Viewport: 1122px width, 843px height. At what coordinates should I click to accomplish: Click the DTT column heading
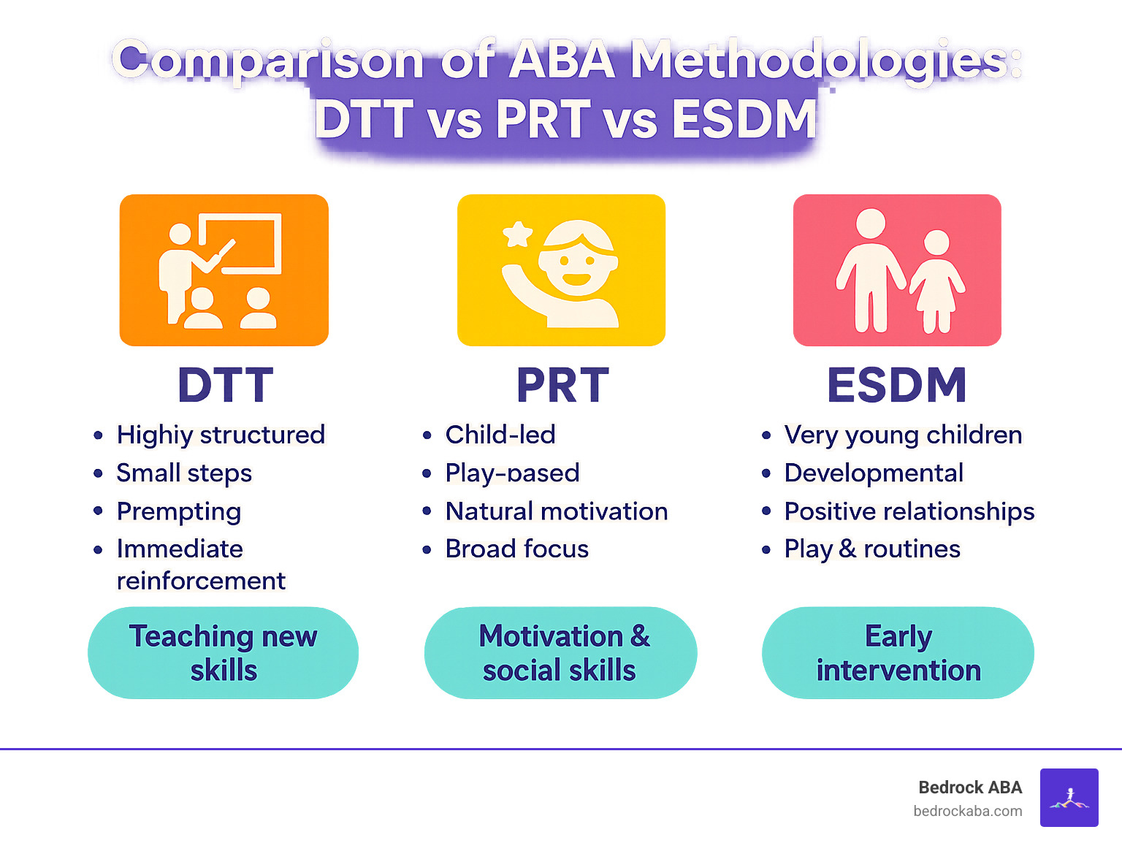tap(225, 385)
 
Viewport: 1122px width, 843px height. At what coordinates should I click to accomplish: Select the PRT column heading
tap(562, 385)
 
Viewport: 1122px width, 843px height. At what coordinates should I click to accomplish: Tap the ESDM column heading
tap(896, 385)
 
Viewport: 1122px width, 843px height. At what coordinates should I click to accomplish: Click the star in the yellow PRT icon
tap(518, 234)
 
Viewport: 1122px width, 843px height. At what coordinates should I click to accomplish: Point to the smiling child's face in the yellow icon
tap(576, 263)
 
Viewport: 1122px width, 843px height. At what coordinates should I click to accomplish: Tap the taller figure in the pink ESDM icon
tap(871, 270)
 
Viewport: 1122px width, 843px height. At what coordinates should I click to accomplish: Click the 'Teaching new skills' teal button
tap(223, 652)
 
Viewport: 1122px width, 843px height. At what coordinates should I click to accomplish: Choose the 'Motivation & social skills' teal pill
tap(560, 652)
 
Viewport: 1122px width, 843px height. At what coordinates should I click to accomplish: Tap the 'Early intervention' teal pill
tap(898, 652)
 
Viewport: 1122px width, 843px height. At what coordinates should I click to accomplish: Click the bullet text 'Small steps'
tap(184, 473)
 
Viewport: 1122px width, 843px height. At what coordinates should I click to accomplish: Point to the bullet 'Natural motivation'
tap(556, 511)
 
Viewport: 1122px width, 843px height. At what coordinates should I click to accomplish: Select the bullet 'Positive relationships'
tap(909, 511)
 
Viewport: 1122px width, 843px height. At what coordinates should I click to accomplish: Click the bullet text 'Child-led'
tap(500, 435)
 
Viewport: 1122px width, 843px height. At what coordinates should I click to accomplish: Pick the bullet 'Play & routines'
tap(871, 549)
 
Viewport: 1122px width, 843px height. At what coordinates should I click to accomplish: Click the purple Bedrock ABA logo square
tap(1069, 797)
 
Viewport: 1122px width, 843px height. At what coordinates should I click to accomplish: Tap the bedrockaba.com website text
tap(967, 811)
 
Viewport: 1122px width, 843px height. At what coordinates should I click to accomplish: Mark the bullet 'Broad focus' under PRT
tap(516, 549)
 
